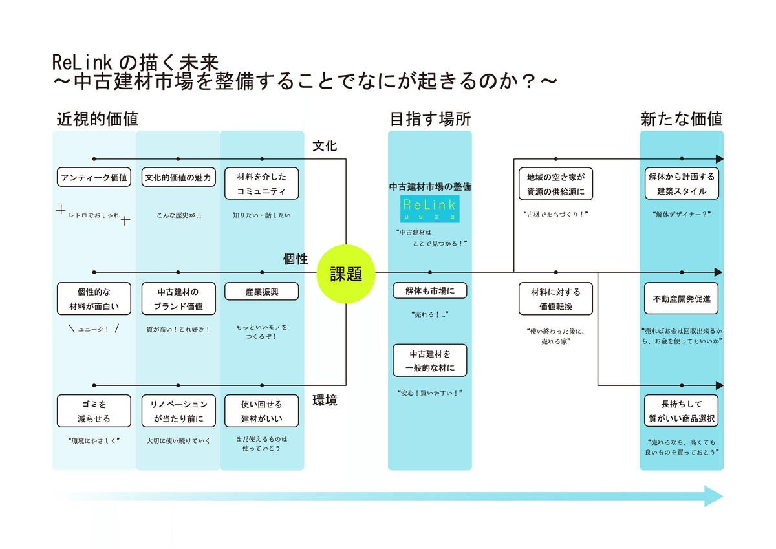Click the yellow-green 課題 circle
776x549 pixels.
346,274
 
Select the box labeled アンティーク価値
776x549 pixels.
94,177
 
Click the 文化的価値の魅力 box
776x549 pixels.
178,177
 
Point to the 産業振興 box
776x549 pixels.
262,292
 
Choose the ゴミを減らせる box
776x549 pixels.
94,411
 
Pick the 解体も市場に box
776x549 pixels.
430,291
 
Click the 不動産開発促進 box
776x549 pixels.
682,299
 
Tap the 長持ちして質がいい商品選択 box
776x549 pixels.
682,411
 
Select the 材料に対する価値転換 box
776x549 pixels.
555,299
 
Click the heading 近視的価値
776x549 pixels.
97,120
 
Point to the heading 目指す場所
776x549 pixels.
430,120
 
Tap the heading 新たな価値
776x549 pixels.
682,120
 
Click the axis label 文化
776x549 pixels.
325,147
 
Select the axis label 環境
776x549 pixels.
325,401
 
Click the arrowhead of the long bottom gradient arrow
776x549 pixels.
714,496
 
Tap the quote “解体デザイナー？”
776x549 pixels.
682,215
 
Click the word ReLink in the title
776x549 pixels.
83,62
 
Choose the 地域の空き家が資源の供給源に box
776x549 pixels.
555,184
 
